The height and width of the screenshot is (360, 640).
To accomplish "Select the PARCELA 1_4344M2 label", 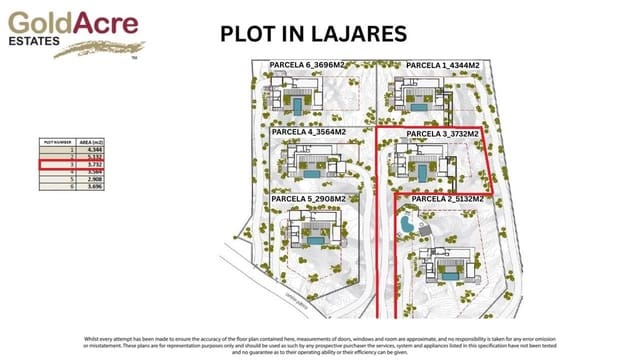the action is click(x=443, y=65).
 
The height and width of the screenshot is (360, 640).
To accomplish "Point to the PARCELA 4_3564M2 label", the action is click(x=309, y=132).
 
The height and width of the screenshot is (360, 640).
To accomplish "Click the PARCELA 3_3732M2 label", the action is click(x=443, y=133).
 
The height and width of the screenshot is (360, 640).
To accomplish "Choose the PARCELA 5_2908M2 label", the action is click(x=308, y=199).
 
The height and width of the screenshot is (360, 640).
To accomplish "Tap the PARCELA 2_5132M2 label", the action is click(x=447, y=199).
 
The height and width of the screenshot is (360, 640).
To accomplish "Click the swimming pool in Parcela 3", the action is click(x=421, y=173).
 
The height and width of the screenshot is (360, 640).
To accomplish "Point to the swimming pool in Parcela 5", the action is click(x=318, y=242).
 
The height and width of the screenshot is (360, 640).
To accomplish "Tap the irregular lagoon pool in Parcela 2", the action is click(x=407, y=227).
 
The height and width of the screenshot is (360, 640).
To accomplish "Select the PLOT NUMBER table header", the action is click(x=58, y=143).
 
